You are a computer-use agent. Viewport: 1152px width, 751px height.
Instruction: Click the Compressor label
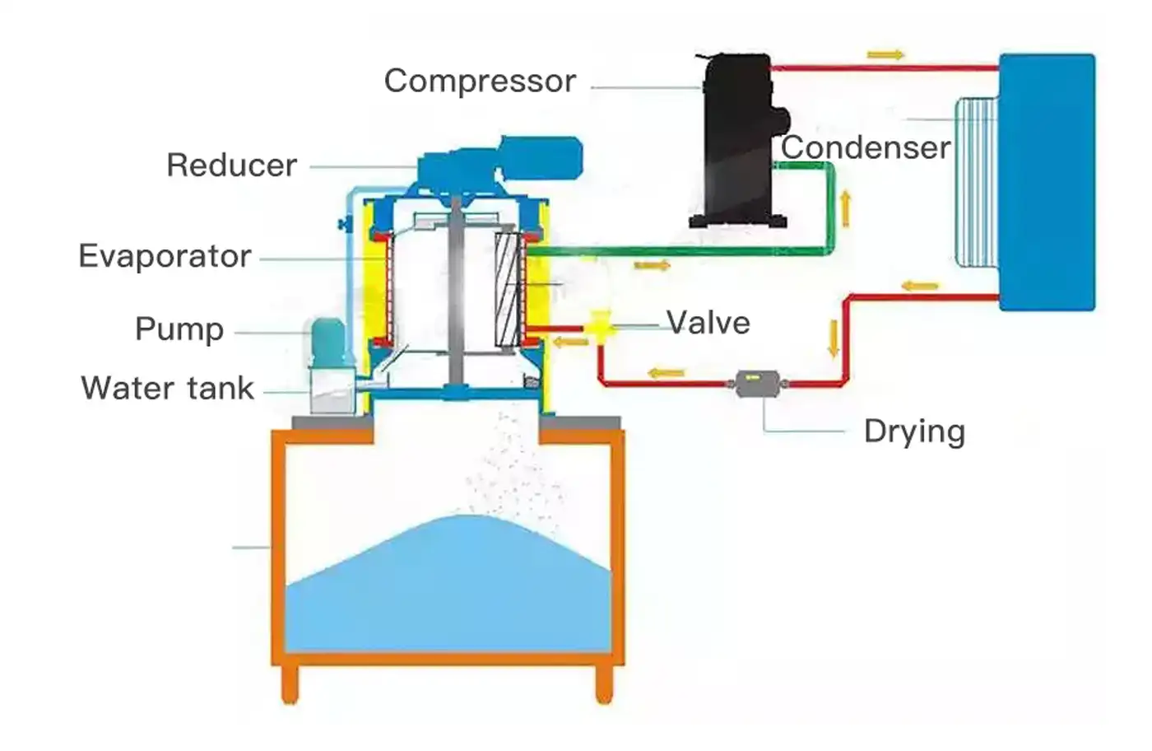point(480,81)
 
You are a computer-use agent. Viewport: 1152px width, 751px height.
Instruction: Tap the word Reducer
point(231,165)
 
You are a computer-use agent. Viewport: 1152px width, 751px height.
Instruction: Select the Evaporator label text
point(165,256)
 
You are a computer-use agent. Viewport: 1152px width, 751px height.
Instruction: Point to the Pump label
point(179,329)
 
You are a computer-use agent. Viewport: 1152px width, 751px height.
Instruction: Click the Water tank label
point(168,388)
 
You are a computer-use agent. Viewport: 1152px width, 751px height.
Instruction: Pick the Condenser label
point(866,147)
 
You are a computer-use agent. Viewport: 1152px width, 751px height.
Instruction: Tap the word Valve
point(708,323)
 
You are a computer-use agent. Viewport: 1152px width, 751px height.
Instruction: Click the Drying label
point(914,431)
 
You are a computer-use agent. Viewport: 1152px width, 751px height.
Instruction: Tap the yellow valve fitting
point(602,326)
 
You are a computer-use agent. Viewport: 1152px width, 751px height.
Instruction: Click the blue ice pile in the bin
point(448,585)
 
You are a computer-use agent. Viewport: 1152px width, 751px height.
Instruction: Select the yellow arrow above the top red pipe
point(885,55)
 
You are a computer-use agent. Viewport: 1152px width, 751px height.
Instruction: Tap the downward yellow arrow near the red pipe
point(834,338)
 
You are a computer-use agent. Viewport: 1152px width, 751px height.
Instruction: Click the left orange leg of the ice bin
point(290,683)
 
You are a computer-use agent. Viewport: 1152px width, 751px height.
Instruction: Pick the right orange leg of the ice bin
point(604,683)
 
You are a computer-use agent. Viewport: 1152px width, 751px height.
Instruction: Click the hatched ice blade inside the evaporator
point(507,290)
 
